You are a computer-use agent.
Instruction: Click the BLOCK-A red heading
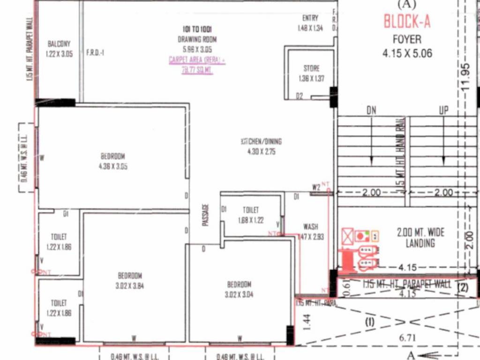[407, 22]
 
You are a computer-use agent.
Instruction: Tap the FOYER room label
[407, 39]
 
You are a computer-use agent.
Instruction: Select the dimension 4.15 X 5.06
[407, 53]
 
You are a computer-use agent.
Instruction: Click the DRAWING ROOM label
[197, 40]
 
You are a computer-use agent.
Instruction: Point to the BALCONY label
[59, 44]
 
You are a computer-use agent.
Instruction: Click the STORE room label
[311, 69]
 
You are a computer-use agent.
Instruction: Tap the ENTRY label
[310, 18]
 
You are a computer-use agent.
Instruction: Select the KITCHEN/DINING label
[261, 142]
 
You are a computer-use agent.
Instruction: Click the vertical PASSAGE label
[205, 215]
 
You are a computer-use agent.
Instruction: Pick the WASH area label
[310, 227]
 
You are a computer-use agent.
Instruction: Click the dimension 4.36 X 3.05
[113, 166]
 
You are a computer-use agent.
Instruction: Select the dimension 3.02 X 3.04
[239, 294]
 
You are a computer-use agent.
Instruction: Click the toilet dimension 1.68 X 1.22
[250, 220]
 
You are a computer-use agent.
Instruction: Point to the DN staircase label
[372, 111]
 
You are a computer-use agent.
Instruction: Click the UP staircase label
[443, 111]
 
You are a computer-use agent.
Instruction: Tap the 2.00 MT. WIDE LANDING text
[420, 238]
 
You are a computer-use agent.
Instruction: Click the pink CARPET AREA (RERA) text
[197, 60]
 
